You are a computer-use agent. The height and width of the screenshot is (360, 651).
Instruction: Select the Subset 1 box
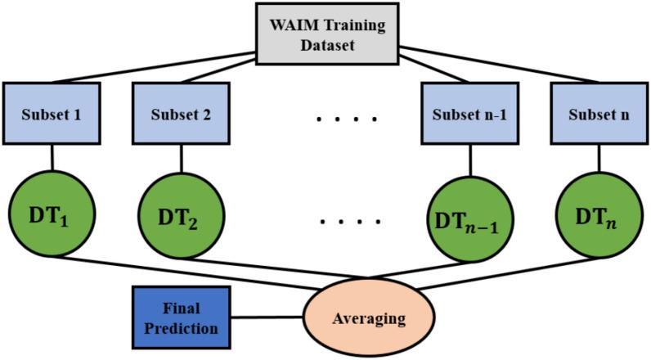(x=53, y=114)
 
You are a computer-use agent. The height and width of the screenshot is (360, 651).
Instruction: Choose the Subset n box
(x=599, y=114)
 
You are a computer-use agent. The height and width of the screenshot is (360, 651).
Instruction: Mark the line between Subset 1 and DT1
(x=53, y=157)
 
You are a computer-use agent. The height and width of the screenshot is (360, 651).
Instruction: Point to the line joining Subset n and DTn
(x=599, y=157)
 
